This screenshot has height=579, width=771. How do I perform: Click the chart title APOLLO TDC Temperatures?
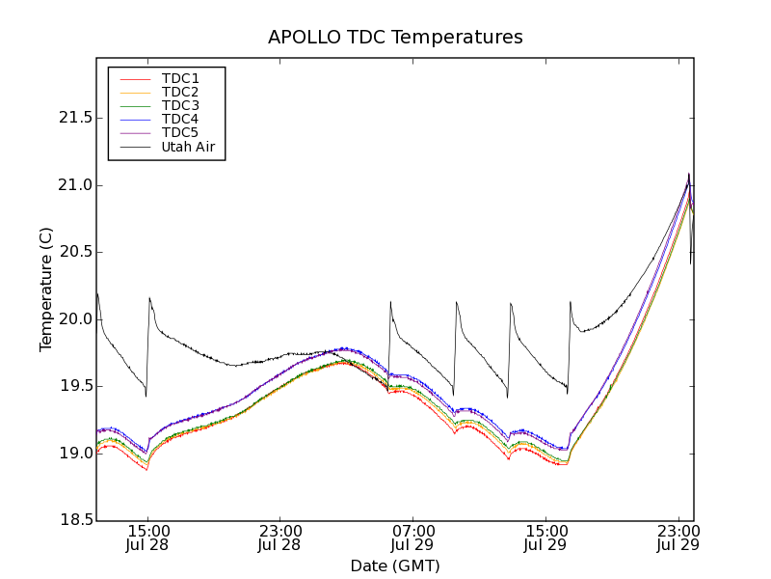point(395,38)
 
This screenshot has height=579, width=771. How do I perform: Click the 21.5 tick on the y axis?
point(70,118)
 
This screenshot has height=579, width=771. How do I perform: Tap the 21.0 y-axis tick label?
point(70,185)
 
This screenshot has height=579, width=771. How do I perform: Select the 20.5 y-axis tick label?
point(70,252)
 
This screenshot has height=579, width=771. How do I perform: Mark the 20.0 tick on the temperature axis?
point(70,319)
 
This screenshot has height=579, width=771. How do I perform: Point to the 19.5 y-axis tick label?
point(70,386)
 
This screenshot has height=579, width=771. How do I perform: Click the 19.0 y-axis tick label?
point(70,454)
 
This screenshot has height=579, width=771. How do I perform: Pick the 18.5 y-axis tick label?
point(70,520)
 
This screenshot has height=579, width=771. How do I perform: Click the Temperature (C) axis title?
point(46,289)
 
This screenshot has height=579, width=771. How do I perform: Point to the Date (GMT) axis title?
point(395,565)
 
